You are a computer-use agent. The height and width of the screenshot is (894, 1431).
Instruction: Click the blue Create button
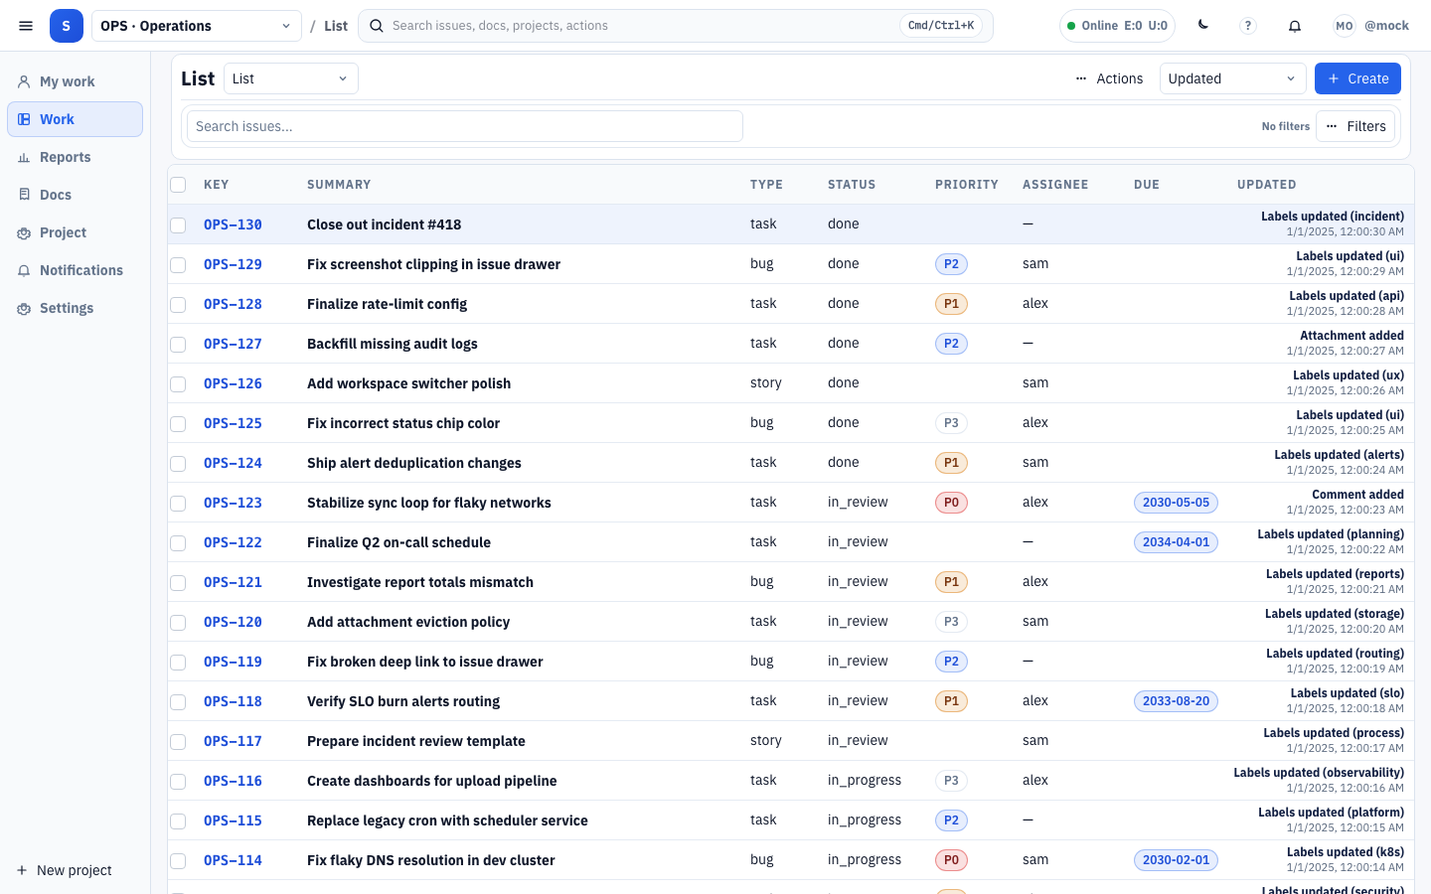[x=1357, y=78]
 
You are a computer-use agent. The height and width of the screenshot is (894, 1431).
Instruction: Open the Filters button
[x=1355, y=126]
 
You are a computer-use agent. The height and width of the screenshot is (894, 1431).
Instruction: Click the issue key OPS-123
[x=233, y=503]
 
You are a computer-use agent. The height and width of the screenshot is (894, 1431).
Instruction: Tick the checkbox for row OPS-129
[x=178, y=265]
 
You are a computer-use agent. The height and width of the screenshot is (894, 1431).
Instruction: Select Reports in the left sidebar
[x=65, y=157]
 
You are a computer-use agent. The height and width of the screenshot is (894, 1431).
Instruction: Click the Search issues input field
[x=464, y=126]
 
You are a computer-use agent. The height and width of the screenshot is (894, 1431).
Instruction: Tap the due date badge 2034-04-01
[x=1176, y=542]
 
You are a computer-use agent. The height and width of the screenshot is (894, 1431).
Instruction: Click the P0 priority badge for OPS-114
[x=951, y=860]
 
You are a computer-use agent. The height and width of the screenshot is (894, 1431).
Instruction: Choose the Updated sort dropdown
[x=1232, y=78]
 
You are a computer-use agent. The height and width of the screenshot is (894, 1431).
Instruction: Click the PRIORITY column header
[x=966, y=185]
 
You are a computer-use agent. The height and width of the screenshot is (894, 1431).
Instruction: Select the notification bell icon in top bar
[x=1295, y=26]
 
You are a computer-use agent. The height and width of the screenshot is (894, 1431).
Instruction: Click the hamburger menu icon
[x=26, y=26]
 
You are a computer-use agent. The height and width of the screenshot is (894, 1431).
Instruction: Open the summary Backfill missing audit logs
[x=392, y=344]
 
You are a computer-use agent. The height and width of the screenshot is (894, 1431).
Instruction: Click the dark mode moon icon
[x=1203, y=26]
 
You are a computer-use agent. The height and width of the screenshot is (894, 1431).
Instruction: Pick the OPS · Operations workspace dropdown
[x=196, y=26]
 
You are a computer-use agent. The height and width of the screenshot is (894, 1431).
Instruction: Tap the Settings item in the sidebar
[x=66, y=308]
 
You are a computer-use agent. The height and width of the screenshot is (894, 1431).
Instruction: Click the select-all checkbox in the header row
[x=178, y=185]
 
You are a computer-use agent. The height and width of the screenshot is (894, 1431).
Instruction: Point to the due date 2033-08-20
[x=1176, y=701]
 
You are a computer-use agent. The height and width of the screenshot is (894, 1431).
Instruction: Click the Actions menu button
[x=1109, y=78]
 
